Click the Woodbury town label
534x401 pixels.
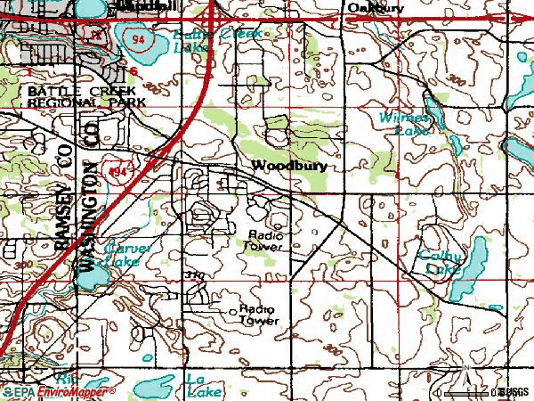pos(289,166)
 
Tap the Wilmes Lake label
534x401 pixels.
pos(406,123)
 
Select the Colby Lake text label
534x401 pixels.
pos(440,262)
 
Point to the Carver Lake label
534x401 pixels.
pos(122,256)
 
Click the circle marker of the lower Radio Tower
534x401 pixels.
pos(233,311)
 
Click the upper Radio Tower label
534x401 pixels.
pos(265,241)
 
